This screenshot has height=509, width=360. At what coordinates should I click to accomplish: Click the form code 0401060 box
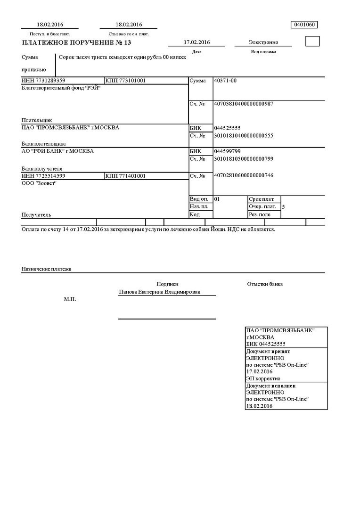click(305, 25)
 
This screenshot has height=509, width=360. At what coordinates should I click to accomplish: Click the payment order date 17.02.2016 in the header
click(196, 42)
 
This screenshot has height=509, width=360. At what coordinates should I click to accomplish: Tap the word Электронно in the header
click(263, 42)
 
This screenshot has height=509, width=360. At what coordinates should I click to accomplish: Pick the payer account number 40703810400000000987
click(244, 104)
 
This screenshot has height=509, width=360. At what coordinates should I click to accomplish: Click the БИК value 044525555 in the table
click(227, 128)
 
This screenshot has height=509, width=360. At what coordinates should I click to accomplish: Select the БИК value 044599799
click(227, 151)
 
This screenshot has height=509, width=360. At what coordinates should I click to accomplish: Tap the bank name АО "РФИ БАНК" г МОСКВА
click(57, 151)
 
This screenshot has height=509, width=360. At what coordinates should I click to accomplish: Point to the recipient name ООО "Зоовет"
click(39, 183)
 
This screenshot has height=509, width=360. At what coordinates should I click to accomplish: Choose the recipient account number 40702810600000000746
click(244, 176)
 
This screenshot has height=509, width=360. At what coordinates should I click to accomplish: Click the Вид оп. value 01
click(217, 199)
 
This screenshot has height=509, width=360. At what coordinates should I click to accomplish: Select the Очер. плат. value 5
click(283, 207)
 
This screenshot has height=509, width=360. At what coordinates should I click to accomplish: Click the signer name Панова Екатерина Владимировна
click(159, 292)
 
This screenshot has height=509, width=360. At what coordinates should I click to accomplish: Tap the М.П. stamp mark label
click(69, 299)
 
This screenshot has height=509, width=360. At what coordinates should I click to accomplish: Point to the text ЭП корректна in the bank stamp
click(263, 378)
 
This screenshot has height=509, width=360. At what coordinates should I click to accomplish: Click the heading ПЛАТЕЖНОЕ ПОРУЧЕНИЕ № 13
click(76, 43)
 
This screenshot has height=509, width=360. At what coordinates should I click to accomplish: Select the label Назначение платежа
click(46, 269)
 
